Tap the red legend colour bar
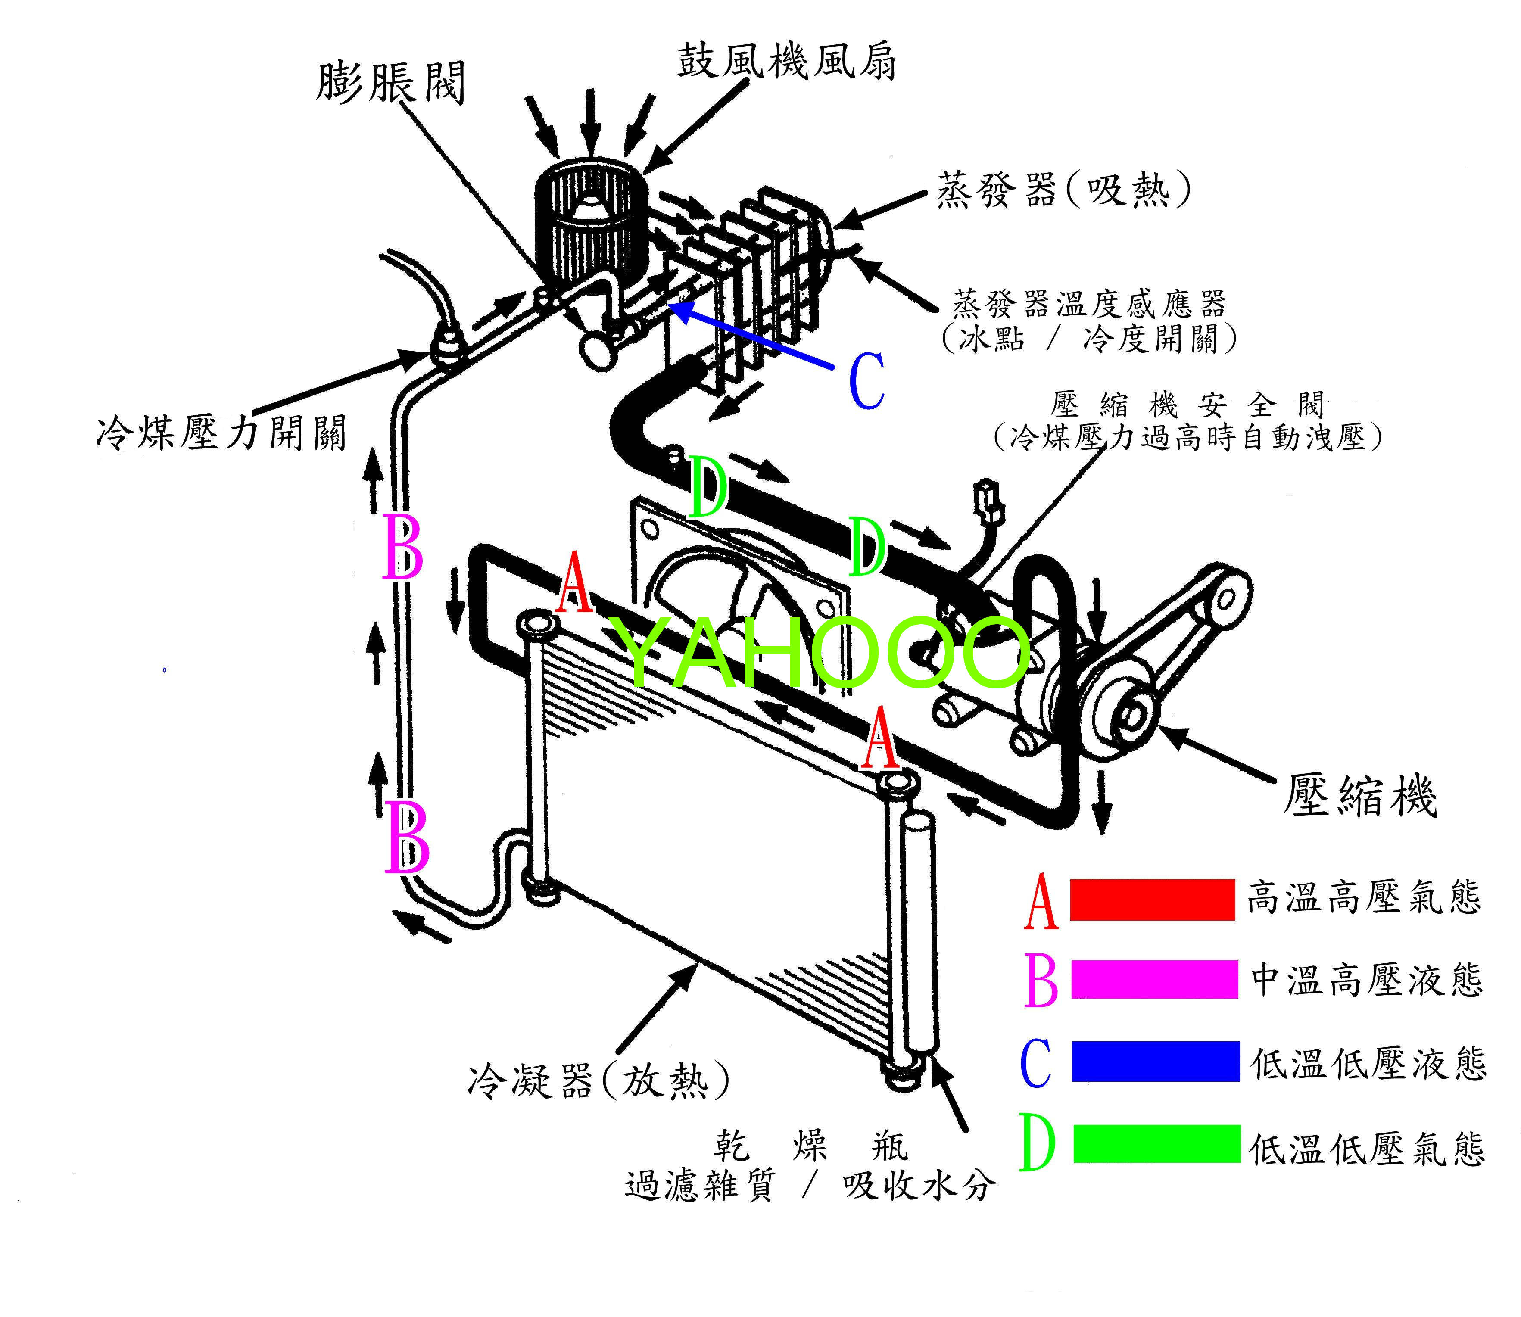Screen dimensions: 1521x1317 [1152, 899]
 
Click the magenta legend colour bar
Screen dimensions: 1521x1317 [1154, 980]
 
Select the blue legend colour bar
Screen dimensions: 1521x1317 [1156, 1061]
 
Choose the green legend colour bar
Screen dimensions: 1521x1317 [1157, 1143]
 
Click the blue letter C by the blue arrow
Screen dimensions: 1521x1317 [867, 381]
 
